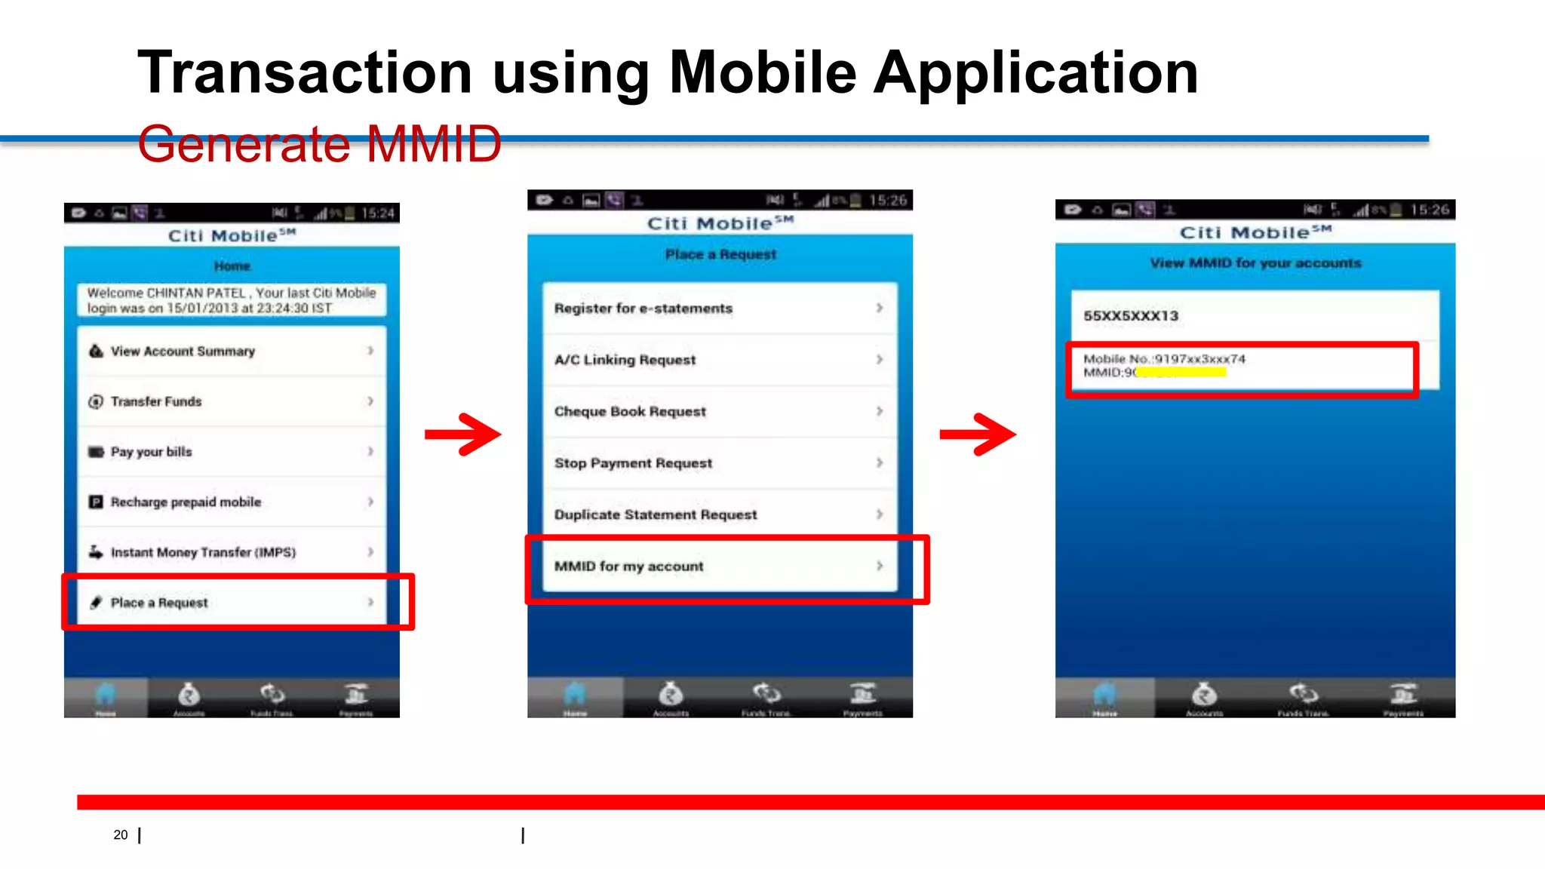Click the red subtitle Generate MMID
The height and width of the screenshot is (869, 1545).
[x=319, y=144]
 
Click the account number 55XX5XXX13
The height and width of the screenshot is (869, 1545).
[x=1131, y=316]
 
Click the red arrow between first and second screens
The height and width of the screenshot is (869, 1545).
[x=463, y=434]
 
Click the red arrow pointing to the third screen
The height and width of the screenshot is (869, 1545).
[x=978, y=434]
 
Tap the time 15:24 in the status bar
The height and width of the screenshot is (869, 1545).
[x=377, y=213]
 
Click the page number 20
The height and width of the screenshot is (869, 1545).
[x=121, y=834]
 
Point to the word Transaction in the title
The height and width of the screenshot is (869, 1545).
[x=305, y=72]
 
